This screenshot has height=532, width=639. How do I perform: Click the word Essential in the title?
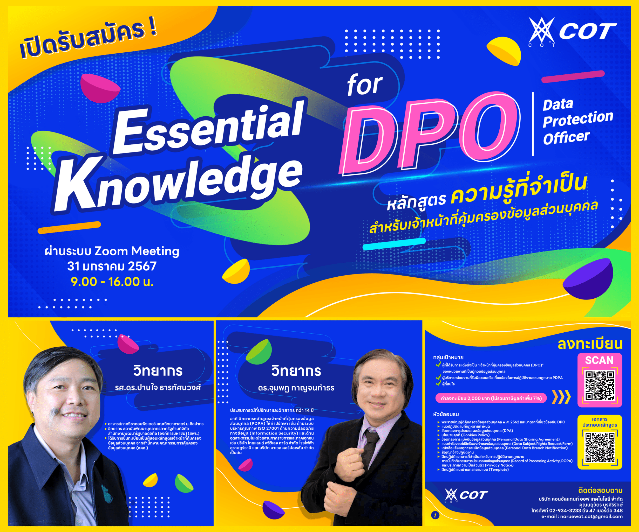pos(208,128)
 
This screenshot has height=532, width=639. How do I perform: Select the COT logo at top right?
pos(572,32)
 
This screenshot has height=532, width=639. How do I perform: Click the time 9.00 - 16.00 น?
pos(112,282)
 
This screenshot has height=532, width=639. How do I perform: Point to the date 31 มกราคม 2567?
pos(112,266)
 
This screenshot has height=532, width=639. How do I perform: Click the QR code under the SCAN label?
pos(600,386)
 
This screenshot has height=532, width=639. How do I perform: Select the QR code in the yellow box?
pos(600,448)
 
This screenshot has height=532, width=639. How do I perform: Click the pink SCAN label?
pos(600,360)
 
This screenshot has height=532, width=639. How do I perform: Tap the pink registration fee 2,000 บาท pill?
pos(491,398)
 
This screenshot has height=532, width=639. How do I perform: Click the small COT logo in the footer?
pos(466,495)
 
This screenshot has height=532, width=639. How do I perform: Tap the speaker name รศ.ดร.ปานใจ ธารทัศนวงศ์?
pos(158,388)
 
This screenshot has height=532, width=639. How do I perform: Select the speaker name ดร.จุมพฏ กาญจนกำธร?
pos(296,388)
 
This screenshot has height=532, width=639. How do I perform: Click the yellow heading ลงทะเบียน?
pos(590,344)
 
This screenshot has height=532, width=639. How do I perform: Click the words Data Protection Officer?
pos(577,122)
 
